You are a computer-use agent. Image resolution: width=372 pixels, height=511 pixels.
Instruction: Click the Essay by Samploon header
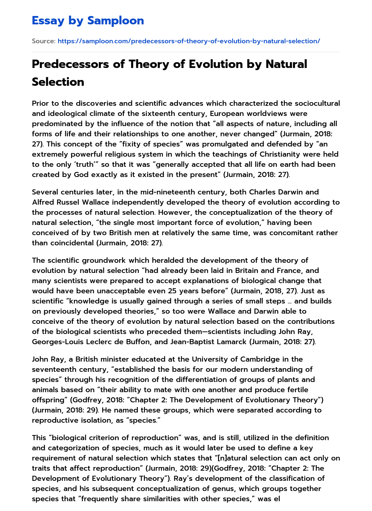pyautogui.click(x=88, y=21)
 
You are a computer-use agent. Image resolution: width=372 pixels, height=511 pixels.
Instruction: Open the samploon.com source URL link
pyautogui.click(x=189, y=41)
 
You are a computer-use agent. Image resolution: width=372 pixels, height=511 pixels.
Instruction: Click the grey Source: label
pyautogui.click(x=44, y=41)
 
